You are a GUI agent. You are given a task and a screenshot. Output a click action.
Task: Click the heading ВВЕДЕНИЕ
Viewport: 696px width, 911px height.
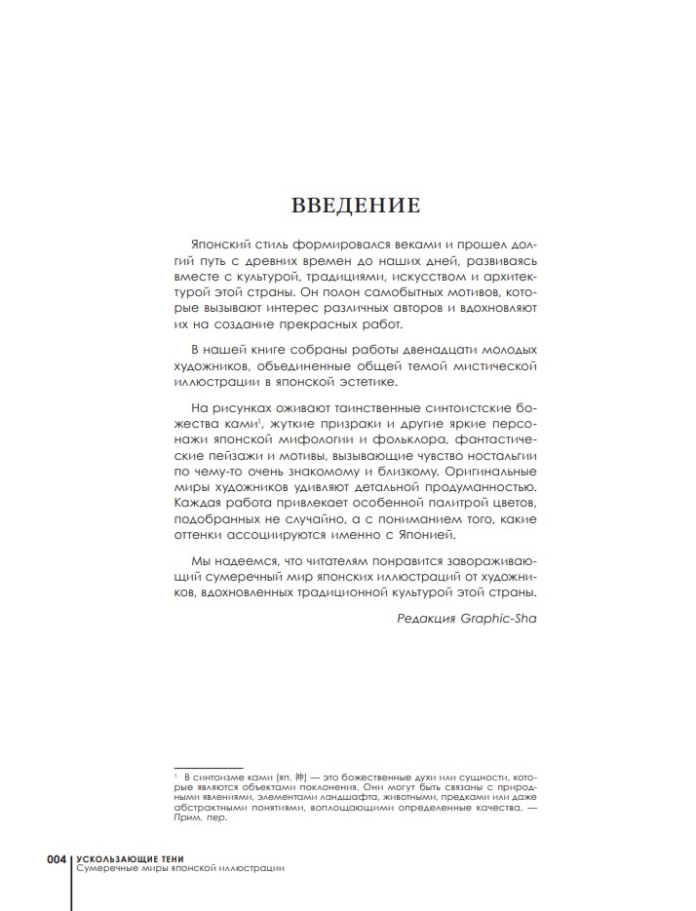tap(356, 205)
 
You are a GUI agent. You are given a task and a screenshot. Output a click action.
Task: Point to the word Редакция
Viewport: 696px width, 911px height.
tap(428, 617)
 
